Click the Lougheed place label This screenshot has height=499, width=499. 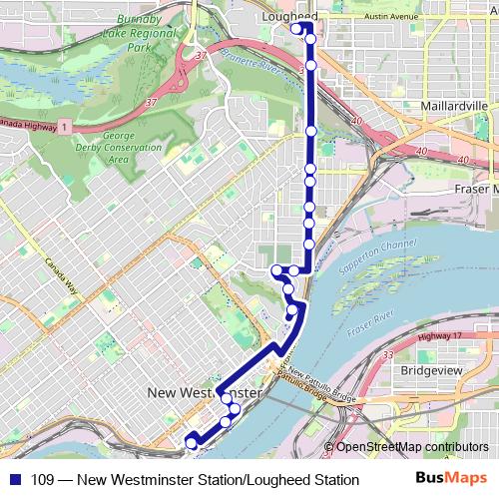click(288, 17)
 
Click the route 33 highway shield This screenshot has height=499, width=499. click(388, 354)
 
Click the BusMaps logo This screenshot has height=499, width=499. click(452, 479)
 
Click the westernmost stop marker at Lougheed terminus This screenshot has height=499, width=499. click(296, 28)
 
